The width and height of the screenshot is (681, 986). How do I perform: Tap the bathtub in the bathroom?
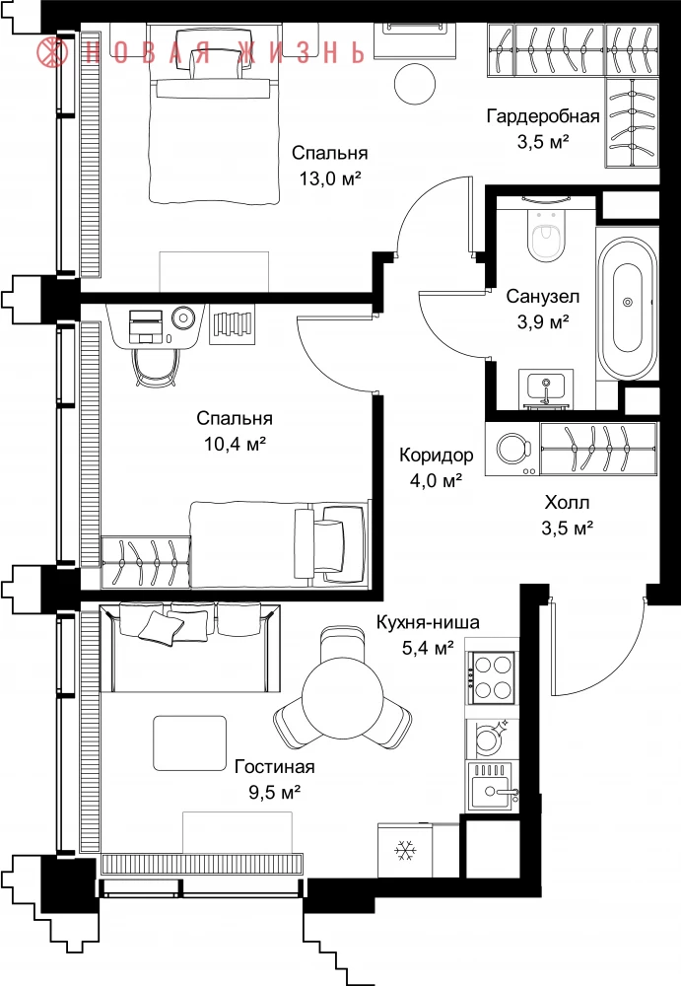point(628,309)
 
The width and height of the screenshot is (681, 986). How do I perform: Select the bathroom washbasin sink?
point(546,388)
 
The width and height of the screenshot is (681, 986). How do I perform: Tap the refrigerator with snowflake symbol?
point(405,850)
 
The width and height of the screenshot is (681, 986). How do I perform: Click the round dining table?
point(342,698)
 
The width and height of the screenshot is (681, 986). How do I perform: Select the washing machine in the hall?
point(512,449)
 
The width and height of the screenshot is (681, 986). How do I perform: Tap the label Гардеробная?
point(543,116)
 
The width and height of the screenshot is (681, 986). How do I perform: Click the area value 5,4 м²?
point(428,648)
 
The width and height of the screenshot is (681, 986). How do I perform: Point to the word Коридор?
point(436,455)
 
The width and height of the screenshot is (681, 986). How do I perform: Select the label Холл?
point(568,503)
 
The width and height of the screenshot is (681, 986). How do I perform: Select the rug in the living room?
point(190,742)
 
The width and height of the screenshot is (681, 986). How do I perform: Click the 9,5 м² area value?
point(274,792)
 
